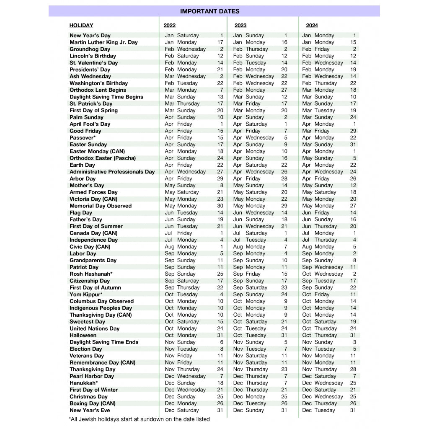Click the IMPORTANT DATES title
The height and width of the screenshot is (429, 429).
tap(209, 11)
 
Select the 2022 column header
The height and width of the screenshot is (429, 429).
tap(170, 26)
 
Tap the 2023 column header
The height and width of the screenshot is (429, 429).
tap(240, 26)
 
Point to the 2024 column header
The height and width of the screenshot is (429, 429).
tap(312, 26)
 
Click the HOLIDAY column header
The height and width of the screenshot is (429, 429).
tap(81, 26)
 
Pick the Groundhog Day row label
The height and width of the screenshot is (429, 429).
tap(90, 49)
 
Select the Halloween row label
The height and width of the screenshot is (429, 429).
tap(83, 335)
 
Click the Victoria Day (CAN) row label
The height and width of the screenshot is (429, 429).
tap(93, 199)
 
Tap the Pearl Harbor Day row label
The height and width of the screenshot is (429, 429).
tap(92, 376)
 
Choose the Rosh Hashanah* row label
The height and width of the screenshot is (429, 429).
tap(91, 274)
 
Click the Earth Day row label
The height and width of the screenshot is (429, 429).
tap(82, 165)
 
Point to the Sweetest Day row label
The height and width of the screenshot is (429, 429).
tap(87, 322)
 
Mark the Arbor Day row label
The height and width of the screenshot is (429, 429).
tap(83, 178)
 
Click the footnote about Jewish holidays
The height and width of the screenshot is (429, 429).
tap(139, 419)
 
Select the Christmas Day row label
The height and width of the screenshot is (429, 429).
tap(88, 397)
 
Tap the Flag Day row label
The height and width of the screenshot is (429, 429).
tap(81, 213)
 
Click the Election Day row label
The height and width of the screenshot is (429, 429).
tap(86, 349)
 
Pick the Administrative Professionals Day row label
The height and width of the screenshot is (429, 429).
tap(112, 172)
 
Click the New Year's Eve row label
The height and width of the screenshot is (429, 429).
tap(90, 410)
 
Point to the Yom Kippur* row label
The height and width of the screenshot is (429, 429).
tap(86, 295)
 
